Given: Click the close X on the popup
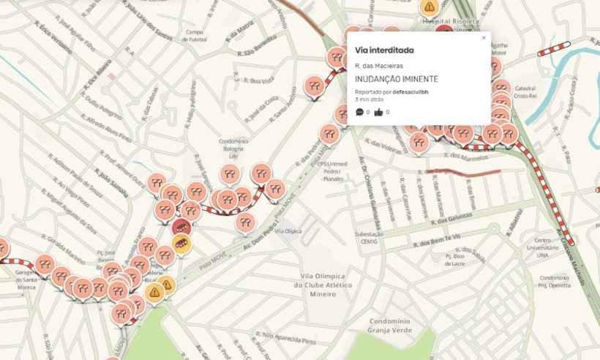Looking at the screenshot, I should [483, 37].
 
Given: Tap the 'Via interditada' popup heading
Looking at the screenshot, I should [384, 50].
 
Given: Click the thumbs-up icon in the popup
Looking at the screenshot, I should [378, 112].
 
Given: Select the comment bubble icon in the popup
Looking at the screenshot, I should [359, 112].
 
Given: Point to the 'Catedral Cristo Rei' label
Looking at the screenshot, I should [525, 91].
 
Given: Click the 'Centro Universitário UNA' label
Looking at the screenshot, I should [543, 249].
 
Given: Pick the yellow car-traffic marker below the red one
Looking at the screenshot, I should [180, 243].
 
